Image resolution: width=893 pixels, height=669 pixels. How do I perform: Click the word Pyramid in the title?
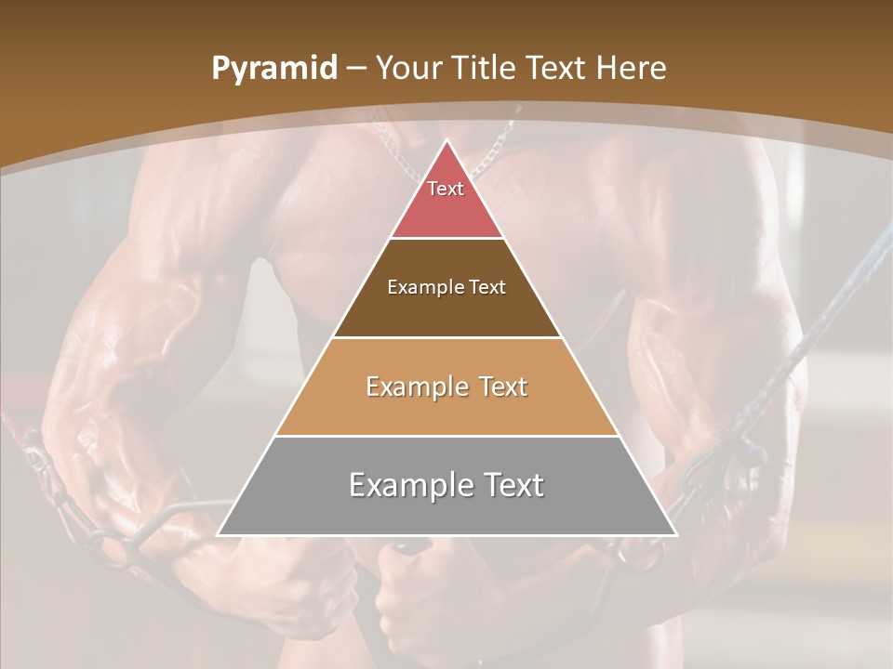tap(274, 69)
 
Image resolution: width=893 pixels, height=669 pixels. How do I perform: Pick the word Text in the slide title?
tap(559, 69)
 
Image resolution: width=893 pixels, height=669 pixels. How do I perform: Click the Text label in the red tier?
tap(446, 189)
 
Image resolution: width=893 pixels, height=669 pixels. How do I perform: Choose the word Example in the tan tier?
tap(415, 387)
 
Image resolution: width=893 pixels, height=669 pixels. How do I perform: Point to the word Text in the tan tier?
tap(503, 387)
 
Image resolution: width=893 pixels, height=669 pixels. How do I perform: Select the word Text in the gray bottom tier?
tap(513, 485)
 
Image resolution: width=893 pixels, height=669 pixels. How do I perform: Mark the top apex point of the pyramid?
tap(446, 140)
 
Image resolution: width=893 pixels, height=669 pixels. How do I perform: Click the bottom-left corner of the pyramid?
tap(218, 535)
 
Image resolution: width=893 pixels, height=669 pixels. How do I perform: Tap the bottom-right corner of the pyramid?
tap(676, 535)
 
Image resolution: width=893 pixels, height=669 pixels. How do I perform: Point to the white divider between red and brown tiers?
tap(446, 239)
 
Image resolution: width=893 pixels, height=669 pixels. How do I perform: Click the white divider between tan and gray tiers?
tap(446, 436)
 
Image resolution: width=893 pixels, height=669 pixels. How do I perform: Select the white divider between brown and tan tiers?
tap(446, 337)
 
